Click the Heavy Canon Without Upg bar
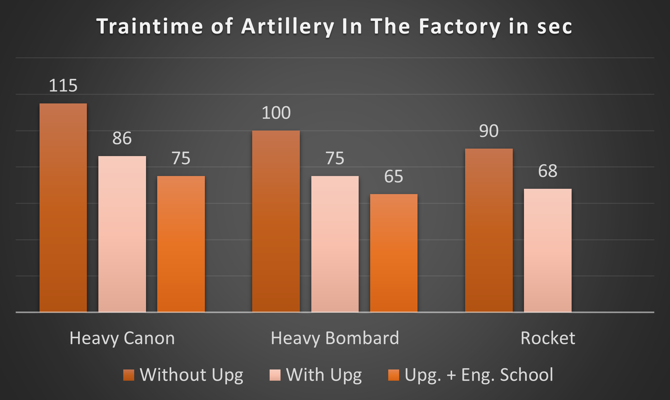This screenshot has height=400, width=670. pos(63,207)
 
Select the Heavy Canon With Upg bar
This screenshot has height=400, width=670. pos(122,234)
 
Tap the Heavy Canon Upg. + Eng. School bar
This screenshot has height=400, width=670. pos(181,244)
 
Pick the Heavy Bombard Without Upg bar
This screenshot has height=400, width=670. pos(276,221)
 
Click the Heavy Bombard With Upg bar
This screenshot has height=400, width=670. pos(335,244)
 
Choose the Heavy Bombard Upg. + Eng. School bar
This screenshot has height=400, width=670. pos(394,253)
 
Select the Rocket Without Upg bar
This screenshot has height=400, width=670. pos(489,230)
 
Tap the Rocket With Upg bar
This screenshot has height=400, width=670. pos(548,250)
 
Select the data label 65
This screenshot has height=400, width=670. pos(394,176)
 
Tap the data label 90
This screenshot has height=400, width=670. pos(489,131)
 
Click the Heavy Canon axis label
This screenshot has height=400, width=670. pos(122,338)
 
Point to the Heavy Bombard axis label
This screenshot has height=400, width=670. pos(335,338)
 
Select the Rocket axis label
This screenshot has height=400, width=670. pos(548,338)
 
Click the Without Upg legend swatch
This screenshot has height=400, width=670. pos(129,375)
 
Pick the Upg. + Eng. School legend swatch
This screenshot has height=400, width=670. pos(394,375)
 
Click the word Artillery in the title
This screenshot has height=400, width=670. pos(288,27)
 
